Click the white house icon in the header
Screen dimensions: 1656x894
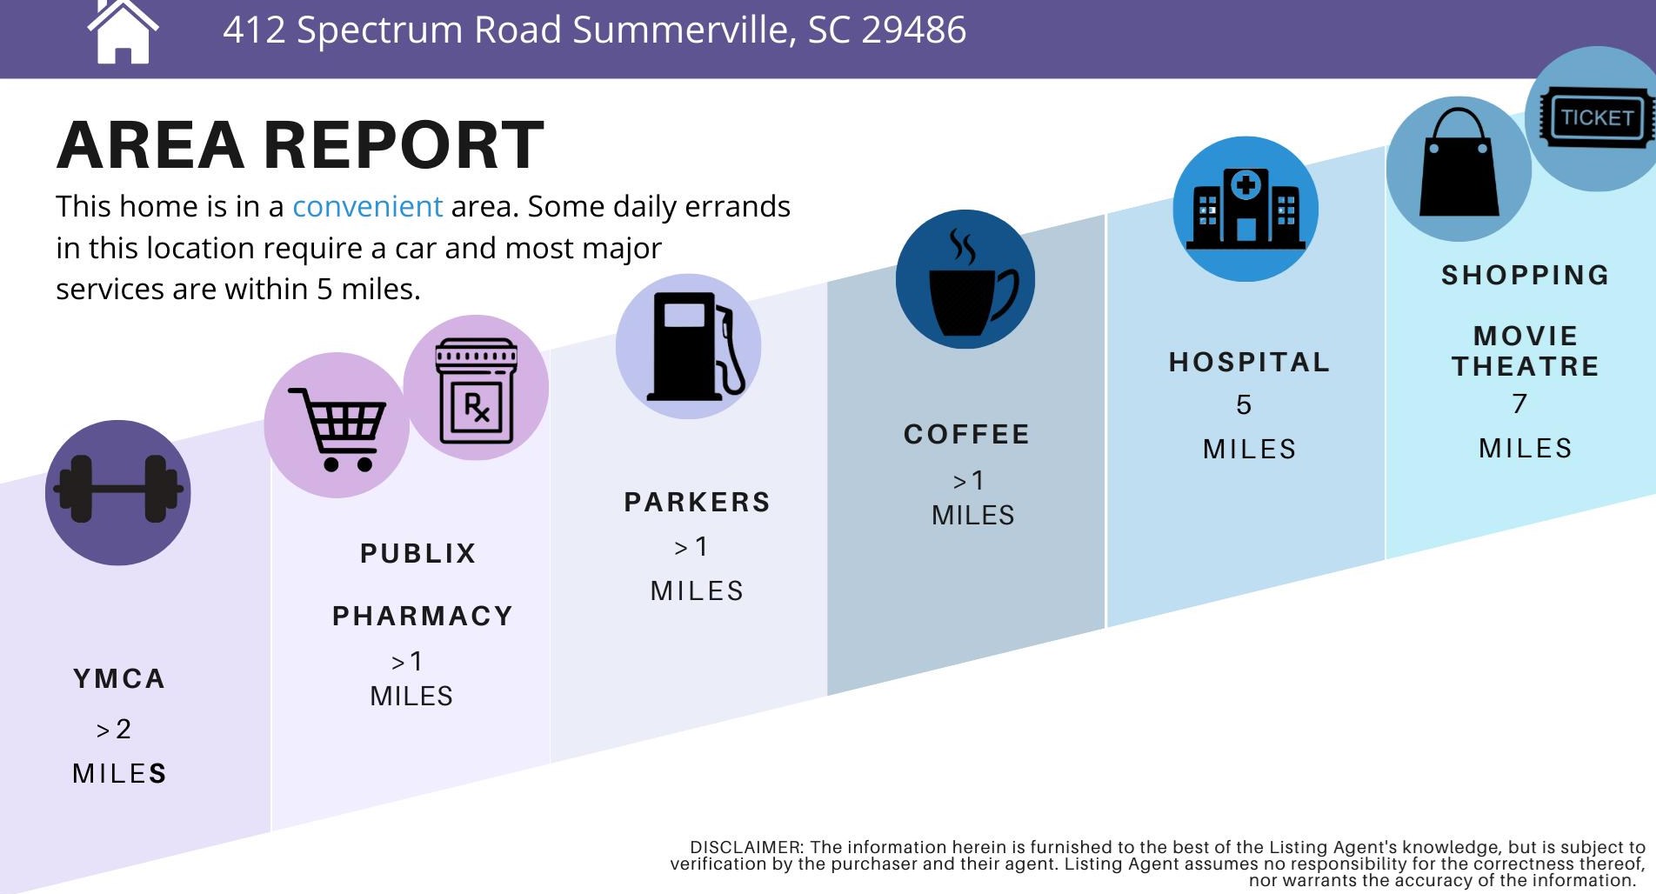pyautogui.click(x=123, y=32)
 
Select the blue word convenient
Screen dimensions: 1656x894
pyautogui.click(x=367, y=207)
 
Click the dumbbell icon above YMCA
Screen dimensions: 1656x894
pyautogui.click(x=118, y=490)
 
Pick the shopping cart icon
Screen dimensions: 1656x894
pyautogui.click(x=337, y=430)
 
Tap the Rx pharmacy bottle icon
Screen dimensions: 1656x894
pyautogui.click(x=476, y=391)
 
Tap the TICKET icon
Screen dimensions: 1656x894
pyautogui.click(x=1596, y=117)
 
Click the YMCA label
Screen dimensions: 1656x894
pyautogui.click(x=119, y=678)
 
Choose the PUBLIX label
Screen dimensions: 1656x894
pyautogui.click(x=418, y=553)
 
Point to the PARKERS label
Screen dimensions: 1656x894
pyautogui.click(x=698, y=502)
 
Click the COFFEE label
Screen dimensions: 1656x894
pyautogui.click(x=966, y=434)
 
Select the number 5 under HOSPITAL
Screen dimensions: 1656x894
pyautogui.click(x=1244, y=404)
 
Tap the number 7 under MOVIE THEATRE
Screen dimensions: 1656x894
pyautogui.click(x=1519, y=404)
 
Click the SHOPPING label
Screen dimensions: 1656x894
pyautogui.click(x=1526, y=275)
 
